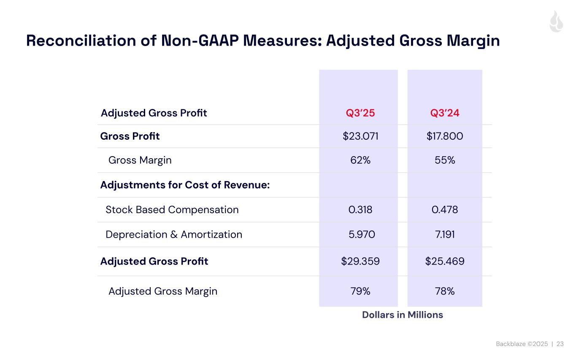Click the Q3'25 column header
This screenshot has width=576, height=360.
(360, 113)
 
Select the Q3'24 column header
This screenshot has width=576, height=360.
(445, 113)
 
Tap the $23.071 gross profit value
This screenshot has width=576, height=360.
(360, 136)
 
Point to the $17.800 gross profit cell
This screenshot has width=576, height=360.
(445, 136)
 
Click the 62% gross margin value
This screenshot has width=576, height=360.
(360, 160)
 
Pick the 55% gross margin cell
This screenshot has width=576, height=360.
(445, 160)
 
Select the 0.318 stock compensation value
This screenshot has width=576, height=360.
(360, 210)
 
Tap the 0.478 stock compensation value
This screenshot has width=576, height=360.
(445, 210)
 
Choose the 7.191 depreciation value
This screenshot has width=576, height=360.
(445, 235)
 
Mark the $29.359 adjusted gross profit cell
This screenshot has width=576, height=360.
(360, 262)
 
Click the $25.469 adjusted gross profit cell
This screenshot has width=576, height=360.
(445, 262)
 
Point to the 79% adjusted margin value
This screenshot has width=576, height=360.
(360, 291)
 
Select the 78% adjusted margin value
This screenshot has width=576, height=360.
(445, 291)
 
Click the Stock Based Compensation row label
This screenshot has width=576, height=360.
(172, 210)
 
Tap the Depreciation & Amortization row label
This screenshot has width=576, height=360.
(174, 235)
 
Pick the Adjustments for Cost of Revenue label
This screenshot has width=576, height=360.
(185, 185)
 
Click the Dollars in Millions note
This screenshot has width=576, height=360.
(403, 315)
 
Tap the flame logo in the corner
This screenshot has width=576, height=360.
(556, 22)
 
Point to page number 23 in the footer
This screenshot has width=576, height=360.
(560, 344)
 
